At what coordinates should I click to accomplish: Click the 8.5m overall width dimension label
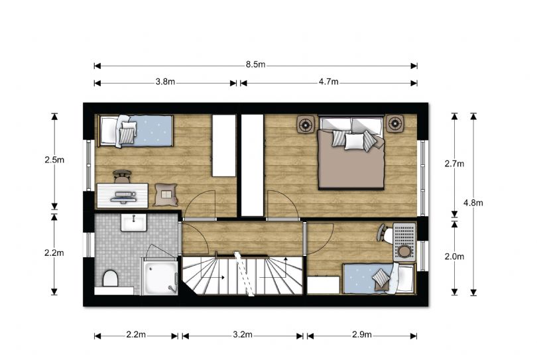pyautogui.click(x=255, y=64)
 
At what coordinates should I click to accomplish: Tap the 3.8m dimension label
pyautogui.click(x=166, y=82)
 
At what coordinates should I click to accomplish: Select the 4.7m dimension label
pyautogui.click(x=328, y=82)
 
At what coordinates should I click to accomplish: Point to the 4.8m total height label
pyautogui.click(x=473, y=203)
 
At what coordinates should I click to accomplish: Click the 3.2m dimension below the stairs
pyautogui.click(x=243, y=334)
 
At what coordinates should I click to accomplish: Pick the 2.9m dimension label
pyautogui.click(x=362, y=334)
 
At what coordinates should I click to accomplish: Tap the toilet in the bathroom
pyautogui.click(x=110, y=278)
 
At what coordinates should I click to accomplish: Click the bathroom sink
pyautogui.click(x=133, y=223)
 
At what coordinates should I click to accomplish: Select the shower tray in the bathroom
pyautogui.click(x=160, y=276)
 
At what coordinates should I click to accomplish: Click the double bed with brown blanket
pyautogui.click(x=351, y=152)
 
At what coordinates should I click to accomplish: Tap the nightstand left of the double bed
pyautogui.click(x=305, y=125)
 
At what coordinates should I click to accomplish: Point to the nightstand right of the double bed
pyautogui.click(x=395, y=123)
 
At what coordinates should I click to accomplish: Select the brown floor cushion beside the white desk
pyautogui.click(x=166, y=194)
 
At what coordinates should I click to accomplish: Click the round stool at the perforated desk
pyautogui.click(x=404, y=251)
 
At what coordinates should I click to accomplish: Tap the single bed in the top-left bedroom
pyautogui.click(x=135, y=131)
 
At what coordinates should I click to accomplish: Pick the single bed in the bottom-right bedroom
pyautogui.click(x=379, y=278)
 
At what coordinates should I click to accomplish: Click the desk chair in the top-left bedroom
pyautogui.click(x=122, y=177)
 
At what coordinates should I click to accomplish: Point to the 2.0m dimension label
pyautogui.click(x=454, y=256)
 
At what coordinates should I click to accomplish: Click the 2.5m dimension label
pyautogui.click(x=54, y=160)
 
